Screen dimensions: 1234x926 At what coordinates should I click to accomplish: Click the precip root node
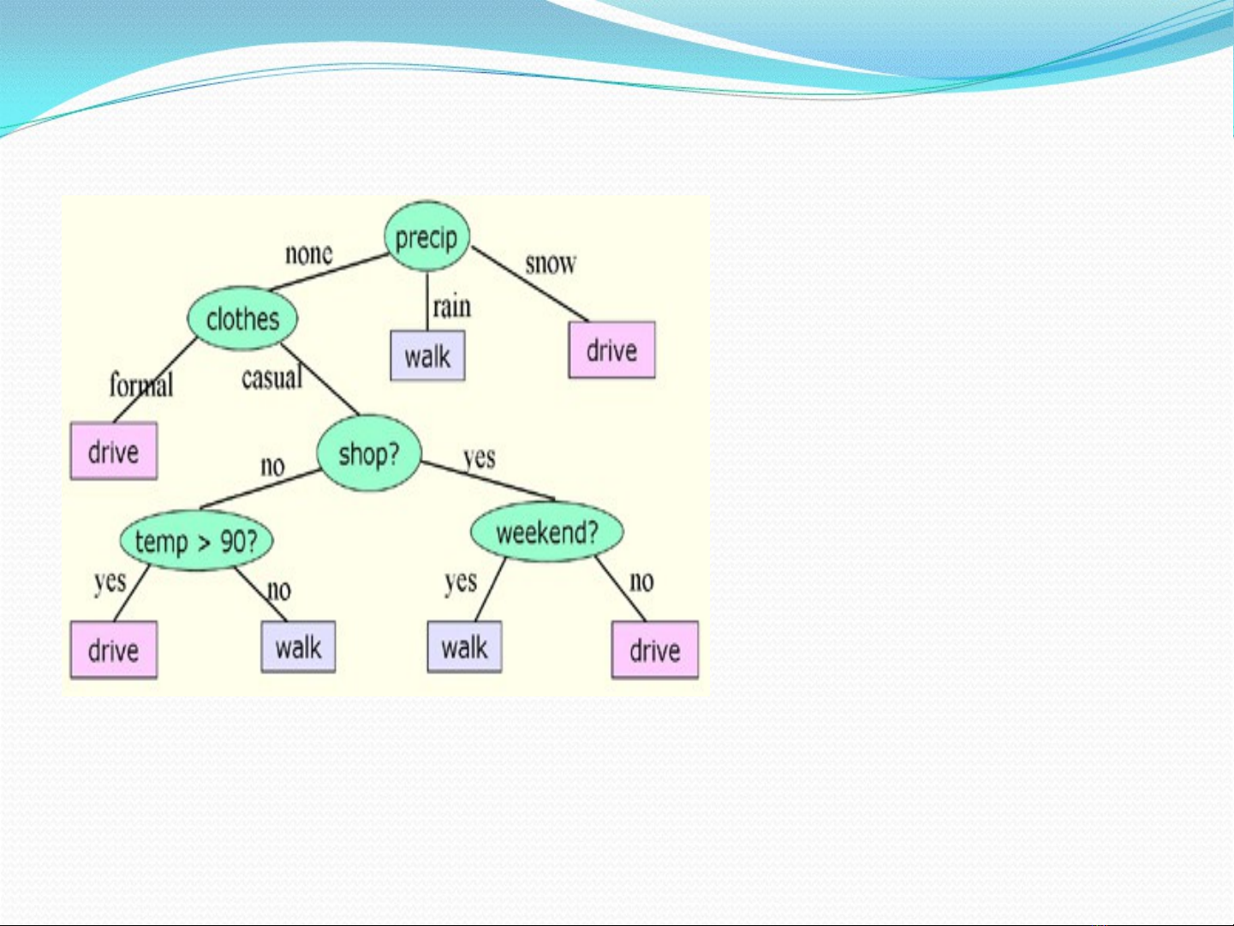point(426,236)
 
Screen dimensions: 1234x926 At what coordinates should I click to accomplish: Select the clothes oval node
point(242,318)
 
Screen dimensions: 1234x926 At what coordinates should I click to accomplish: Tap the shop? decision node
point(369,452)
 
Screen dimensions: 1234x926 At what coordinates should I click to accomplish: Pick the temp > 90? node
point(196,541)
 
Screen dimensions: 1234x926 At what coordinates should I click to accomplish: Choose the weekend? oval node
point(547,531)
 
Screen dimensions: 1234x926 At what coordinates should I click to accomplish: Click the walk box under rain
point(428,355)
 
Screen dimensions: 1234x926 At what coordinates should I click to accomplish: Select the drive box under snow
point(611,349)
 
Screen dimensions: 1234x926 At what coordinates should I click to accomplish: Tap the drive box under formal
point(114,451)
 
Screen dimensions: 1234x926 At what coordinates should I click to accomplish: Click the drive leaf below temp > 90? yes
point(114,650)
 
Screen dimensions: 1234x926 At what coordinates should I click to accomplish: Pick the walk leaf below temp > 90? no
point(299,647)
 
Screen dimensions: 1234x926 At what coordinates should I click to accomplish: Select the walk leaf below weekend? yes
point(464,647)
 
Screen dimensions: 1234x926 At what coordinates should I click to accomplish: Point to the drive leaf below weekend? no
point(655,650)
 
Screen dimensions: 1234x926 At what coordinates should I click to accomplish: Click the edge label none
point(308,254)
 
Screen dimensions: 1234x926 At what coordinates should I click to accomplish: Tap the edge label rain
point(452,307)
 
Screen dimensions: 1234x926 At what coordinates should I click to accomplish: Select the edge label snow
point(551,263)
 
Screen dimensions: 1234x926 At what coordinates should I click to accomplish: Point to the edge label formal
point(141,385)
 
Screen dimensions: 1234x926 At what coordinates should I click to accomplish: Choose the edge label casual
point(272,377)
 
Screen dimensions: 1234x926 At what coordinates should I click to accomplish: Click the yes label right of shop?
point(480,458)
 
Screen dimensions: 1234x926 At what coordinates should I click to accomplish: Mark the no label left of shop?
point(272,466)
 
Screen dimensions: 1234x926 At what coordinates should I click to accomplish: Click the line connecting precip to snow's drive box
point(529,284)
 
